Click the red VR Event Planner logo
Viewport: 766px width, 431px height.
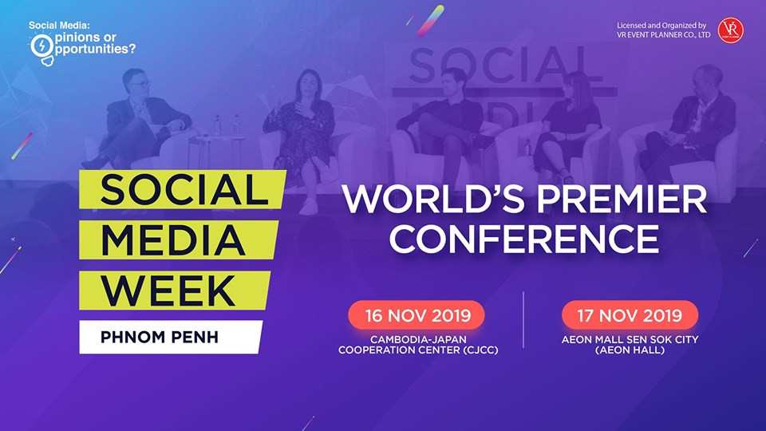730,30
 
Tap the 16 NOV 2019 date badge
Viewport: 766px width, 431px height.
417,315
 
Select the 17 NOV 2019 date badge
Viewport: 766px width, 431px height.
630,315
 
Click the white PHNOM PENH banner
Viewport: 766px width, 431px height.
171,337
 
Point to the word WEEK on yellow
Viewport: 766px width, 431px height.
168,291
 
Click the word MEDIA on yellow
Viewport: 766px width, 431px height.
173,240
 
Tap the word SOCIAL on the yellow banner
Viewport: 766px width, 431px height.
184,190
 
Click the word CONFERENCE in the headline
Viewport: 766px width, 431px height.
523,239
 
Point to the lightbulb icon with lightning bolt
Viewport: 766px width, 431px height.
42,48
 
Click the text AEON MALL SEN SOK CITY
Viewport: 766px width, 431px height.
630,339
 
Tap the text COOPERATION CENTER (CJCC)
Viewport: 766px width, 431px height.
418,350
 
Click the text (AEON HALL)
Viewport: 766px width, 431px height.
630,350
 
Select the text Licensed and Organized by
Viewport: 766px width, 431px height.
661,26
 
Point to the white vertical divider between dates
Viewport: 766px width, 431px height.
523,320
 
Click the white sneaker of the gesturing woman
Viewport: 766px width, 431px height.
309,206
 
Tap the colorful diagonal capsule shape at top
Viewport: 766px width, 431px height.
430,21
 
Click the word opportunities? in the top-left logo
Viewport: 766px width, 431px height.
94,49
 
